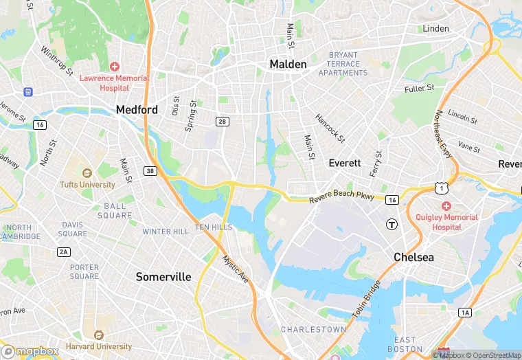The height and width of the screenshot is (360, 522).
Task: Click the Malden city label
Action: click(x=288, y=64)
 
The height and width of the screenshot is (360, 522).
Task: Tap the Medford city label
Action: click(x=137, y=109)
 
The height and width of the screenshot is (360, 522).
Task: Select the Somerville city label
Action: click(x=163, y=276)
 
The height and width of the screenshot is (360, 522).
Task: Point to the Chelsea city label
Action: click(x=414, y=257)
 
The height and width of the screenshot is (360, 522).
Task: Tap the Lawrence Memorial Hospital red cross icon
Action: click(x=114, y=67)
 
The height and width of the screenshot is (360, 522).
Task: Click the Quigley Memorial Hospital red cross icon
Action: click(x=446, y=206)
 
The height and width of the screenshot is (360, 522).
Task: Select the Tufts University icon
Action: click(x=87, y=173)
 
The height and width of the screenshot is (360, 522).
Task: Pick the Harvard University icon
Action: click(x=98, y=335)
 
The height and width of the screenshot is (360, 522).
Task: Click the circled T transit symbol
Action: click(x=391, y=223)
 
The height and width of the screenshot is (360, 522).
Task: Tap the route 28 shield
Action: click(x=222, y=122)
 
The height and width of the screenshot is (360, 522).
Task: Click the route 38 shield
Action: click(x=150, y=170)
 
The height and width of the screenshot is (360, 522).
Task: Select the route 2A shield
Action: click(x=64, y=252)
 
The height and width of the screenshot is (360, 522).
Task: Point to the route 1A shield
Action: click(x=466, y=313)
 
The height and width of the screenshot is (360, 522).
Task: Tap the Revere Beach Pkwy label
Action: click(x=341, y=197)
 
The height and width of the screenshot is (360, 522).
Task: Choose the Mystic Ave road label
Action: click(x=236, y=269)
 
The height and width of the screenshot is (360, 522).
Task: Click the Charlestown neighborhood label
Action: click(x=314, y=330)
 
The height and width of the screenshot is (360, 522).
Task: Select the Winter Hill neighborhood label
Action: click(x=166, y=232)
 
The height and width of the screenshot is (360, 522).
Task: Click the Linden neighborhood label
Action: click(x=436, y=29)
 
